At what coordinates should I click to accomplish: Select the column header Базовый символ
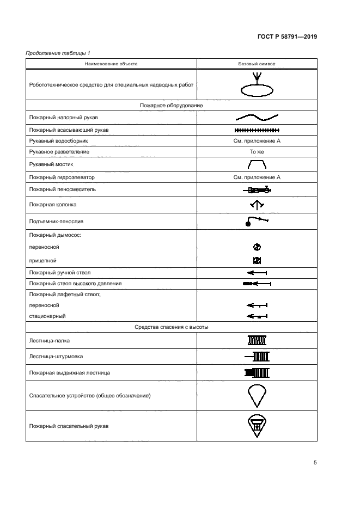click(x=257, y=64)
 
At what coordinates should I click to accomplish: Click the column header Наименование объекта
click(x=111, y=64)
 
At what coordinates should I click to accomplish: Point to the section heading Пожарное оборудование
click(x=172, y=105)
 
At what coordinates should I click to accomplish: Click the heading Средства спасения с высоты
click(x=172, y=327)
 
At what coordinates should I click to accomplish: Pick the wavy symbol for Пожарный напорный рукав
click(x=257, y=117)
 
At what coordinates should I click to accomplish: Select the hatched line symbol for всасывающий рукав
click(x=257, y=130)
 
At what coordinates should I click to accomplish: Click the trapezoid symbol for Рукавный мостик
click(x=257, y=164)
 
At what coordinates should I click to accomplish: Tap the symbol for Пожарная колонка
click(x=257, y=205)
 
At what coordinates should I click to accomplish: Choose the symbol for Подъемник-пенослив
click(x=257, y=221)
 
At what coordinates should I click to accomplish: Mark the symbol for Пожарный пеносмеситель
click(x=257, y=190)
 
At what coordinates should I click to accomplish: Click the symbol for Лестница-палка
click(x=257, y=340)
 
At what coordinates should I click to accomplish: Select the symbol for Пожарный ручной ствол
click(x=257, y=272)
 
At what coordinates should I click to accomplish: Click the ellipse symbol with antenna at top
click(x=257, y=84)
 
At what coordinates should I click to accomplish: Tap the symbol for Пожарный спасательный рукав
click(x=257, y=426)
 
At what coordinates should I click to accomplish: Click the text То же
click(x=257, y=151)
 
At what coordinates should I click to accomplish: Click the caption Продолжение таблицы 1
click(x=58, y=52)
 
